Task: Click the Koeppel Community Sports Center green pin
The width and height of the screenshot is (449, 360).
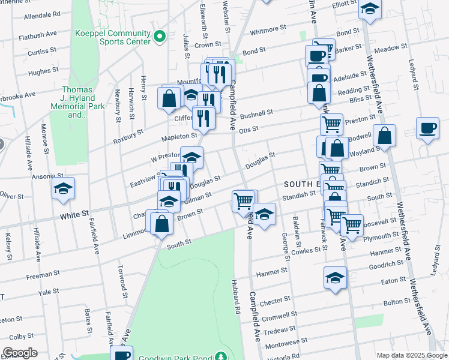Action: point(159,37)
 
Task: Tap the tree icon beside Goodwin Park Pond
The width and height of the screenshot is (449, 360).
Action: point(222,357)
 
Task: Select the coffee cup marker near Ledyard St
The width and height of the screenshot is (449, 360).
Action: point(427,129)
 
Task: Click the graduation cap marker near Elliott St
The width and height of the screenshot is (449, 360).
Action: point(370,10)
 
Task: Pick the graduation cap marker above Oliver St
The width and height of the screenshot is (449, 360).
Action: point(63,188)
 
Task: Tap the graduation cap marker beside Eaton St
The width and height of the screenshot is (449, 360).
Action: point(335,278)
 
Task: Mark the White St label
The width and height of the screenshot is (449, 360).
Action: point(75,213)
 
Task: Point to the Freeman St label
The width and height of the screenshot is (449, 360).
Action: point(41,277)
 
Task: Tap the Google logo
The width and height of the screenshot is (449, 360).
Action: point(19,353)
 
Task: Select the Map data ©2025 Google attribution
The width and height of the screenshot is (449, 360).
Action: point(411,355)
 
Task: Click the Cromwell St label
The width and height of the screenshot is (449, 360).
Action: point(279,314)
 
